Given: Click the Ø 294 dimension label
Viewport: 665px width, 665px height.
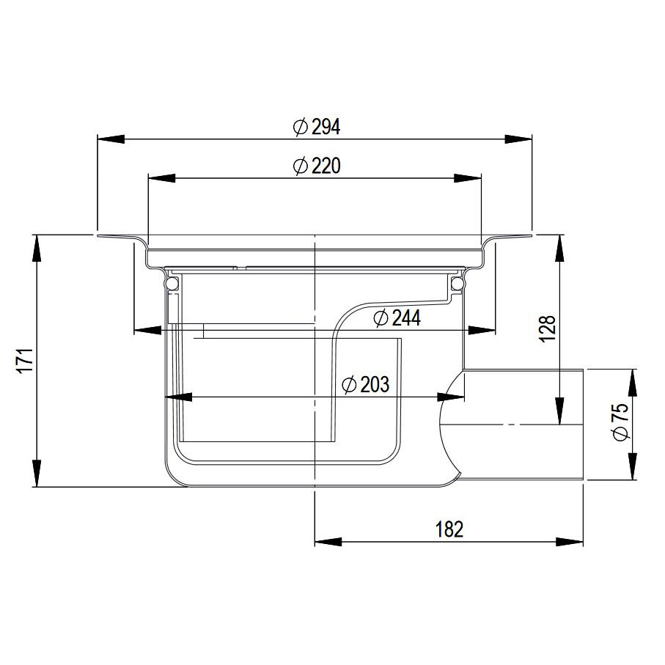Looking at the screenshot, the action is (317, 126).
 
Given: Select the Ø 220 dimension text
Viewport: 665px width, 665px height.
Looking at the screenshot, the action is (317, 166).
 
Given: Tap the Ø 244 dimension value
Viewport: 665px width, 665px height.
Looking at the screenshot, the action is (397, 318).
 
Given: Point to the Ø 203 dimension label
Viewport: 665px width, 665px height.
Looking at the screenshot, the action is (365, 385).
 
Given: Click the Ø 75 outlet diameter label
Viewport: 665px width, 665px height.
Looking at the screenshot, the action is (621, 422).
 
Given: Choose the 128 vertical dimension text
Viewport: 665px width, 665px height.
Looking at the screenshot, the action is (548, 328).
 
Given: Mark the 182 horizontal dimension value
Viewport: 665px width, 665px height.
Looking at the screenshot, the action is (449, 529).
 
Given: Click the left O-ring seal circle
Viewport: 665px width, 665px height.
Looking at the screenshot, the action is (172, 283).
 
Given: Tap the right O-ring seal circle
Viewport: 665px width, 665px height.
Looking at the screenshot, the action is (457, 283).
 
